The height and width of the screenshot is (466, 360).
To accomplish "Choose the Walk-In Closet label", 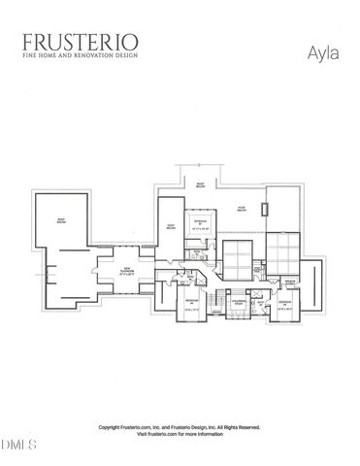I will pyautogui.click(x=288, y=283).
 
